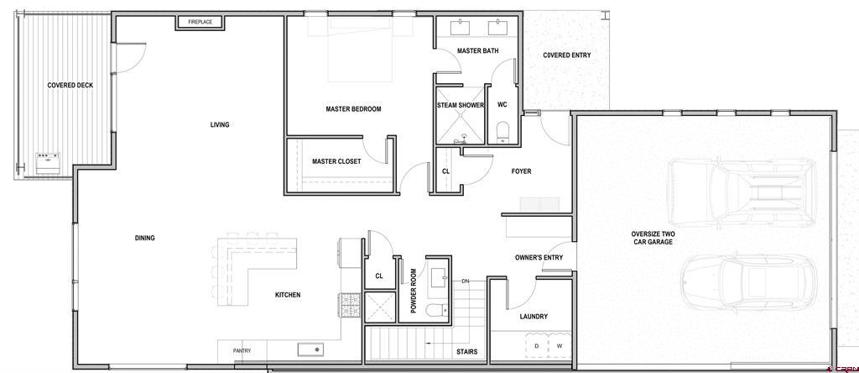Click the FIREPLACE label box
tap(200, 23)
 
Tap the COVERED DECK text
tap(70, 85)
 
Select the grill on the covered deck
tap(48, 163)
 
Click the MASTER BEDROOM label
tap(353, 109)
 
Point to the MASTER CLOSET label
tap(336, 161)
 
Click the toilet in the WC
tap(502, 133)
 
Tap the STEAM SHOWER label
tap(461, 105)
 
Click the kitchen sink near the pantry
tap(310, 349)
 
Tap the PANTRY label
tap(242, 351)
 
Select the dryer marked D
tap(537, 345)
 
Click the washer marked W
tap(560, 345)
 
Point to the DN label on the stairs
tap(466, 281)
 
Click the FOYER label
tap(521, 171)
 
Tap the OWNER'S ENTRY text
tap(539, 258)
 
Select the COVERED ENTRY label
tap(567, 55)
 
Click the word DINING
tap(144, 238)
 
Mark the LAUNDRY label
tap(534, 317)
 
